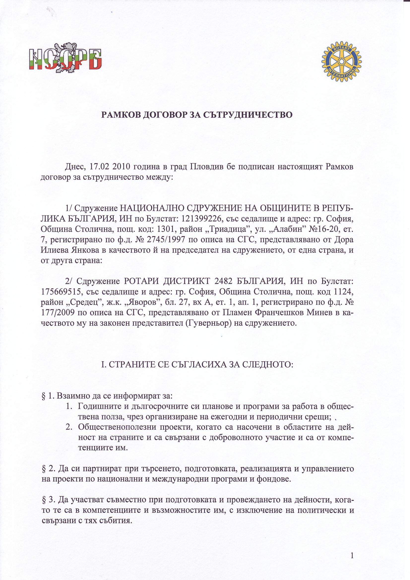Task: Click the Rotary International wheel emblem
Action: (x=341, y=61)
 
